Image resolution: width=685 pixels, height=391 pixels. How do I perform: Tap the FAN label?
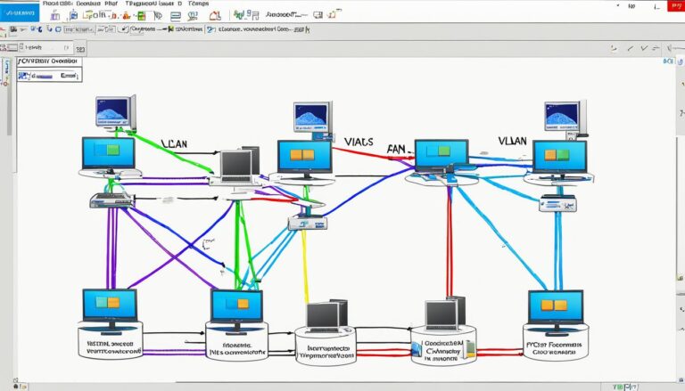(399, 151)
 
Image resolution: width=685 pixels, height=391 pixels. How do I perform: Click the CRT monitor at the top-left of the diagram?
(114, 112)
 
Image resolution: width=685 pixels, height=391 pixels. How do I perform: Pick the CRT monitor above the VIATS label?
(312, 118)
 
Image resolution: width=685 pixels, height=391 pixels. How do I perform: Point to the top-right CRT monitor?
(564, 116)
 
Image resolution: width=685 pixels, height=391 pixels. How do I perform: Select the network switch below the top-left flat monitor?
(110, 200)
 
